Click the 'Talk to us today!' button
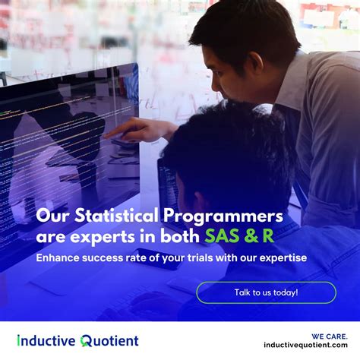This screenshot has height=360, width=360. tap(266, 292)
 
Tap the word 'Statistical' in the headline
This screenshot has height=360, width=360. tap(115, 216)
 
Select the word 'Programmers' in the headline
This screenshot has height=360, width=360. tap(229, 216)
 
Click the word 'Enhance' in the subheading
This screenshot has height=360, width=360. tap(61, 258)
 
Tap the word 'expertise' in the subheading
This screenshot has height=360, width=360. tap(283, 258)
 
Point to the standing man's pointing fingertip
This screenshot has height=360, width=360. tap(106, 134)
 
